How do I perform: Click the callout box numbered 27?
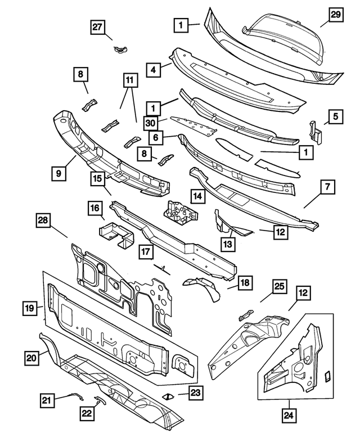pyautogui.click(x=98, y=26)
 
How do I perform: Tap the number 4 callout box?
pyautogui.click(x=152, y=70)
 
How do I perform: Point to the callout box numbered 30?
pyautogui.click(x=150, y=123)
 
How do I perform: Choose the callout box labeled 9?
pyautogui.click(x=60, y=174)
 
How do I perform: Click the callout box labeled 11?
pyautogui.click(x=129, y=81)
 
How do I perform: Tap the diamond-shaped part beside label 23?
pyautogui.click(x=168, y=396)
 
